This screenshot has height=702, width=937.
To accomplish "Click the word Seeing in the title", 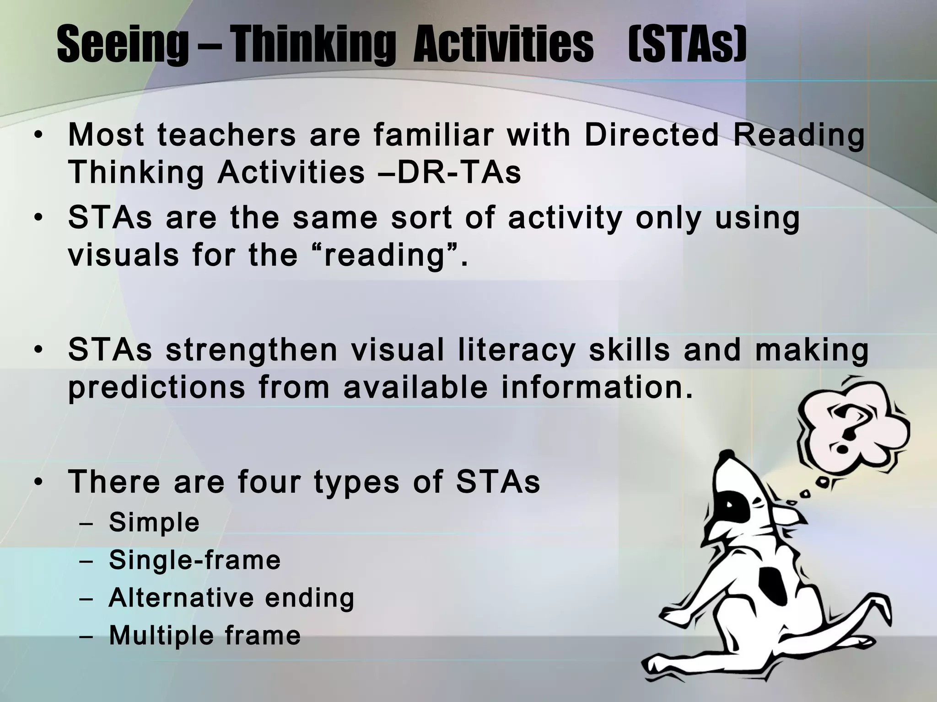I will [x=122, y=45].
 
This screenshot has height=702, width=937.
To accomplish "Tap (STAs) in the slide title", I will [x=687, y=45].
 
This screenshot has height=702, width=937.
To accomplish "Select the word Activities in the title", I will [x=503, y=45].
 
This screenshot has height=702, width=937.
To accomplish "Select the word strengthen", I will [x=251, y=351].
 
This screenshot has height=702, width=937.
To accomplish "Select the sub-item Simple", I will [x=154, y=522].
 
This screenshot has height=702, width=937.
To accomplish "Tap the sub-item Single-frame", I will [x=194, y=560].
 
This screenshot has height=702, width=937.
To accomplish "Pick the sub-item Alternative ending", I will [x=232, y=597].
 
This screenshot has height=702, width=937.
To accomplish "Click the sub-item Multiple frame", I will [x=205, y=635].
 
